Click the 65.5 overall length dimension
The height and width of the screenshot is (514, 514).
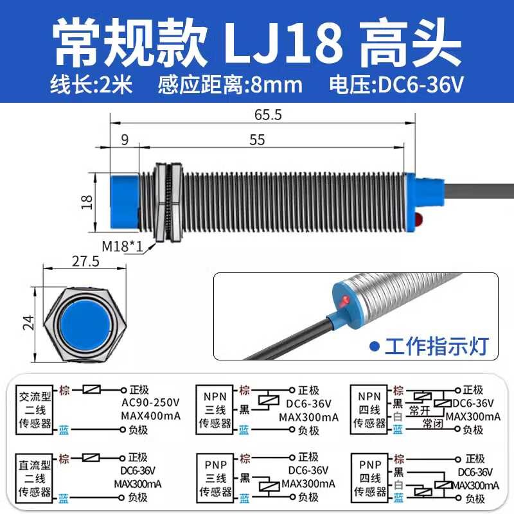click(x=268, y=115)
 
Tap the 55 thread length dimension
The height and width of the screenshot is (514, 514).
click(x=257, y=140)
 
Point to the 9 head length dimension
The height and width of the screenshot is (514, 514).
click(x=125, y=140)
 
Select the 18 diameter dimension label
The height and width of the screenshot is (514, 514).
click(x=87, y=202)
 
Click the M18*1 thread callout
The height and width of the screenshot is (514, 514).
click(x=123, y=246)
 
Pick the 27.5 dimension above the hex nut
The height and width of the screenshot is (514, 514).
click(x=85, y=261)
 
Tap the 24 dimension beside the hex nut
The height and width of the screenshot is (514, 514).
click(x=28, y=323)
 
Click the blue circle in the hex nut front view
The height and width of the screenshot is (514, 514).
click(x=85, y=324)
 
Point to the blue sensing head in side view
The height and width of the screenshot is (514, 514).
click(x=125, y=202)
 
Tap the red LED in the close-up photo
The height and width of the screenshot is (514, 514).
click(x=344, y=300)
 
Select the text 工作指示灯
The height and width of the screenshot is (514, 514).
click(x=437, y=346)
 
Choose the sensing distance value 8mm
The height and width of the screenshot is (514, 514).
click(x=276, y=85)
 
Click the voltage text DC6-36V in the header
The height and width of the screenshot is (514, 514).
click(x=421, y=85)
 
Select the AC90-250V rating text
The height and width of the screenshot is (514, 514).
click(x=151, y=403)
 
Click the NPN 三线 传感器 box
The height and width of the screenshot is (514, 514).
click(x=215, y=410)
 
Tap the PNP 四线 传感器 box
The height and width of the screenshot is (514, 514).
click(x=370, y=478)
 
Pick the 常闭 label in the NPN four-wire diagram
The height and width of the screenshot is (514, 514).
click(x=432, y=423)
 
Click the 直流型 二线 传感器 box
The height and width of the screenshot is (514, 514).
click(x=35, y=478)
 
